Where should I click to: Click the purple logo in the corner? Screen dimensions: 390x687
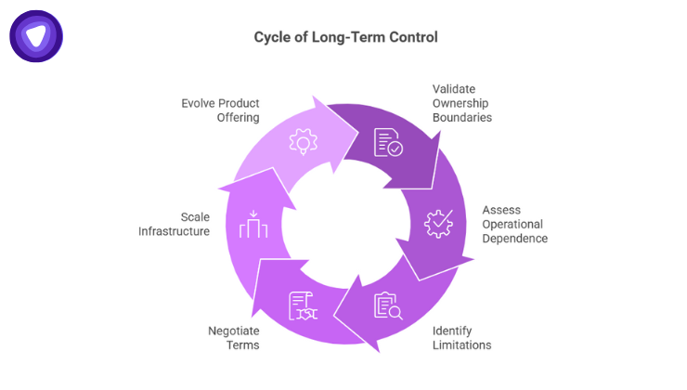point(36,36)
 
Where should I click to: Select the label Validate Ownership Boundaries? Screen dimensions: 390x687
point(461,103)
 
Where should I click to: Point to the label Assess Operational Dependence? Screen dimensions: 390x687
point(513,224)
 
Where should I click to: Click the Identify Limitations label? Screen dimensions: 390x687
point(461,337)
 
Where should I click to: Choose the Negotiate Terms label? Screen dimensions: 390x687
point(233,337)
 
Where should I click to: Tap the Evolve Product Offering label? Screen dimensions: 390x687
point(220,110)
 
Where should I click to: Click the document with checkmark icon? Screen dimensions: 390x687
point(388,142)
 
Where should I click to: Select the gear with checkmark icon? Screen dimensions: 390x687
point(437,224)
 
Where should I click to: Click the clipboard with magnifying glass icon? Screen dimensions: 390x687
point(387,305)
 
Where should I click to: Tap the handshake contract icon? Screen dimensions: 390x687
point(303,305)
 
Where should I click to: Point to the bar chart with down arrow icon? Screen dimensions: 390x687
point(253,225)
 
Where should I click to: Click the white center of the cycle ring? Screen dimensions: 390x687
point(344,224)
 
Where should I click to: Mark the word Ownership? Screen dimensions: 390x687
point(461,103)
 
